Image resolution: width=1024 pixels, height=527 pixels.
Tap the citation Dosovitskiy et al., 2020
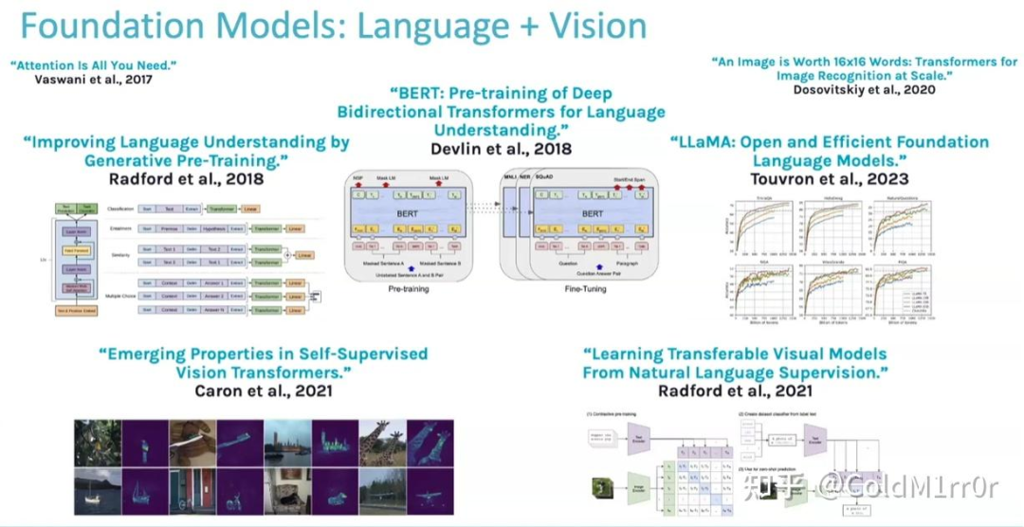pyautogui.click(x=864, y=89)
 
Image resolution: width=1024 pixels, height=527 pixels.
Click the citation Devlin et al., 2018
pyautogui.click(x=502, y=149)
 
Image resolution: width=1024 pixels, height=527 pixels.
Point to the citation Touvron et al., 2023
pyautogui.click(x=829, y=178)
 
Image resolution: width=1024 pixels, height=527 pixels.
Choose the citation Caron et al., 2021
pyautogui.click(x=264, y=391)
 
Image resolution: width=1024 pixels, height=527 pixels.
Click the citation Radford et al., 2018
pyautogui.click(x=185, y=178)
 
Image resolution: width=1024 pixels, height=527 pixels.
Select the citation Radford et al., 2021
pyautogui.click(x=736, y=391)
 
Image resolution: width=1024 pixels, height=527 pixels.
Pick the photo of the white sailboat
pyautogui.click(x=98, y=490)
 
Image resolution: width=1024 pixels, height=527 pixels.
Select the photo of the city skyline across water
pyautogui.click(x=287, y=443)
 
